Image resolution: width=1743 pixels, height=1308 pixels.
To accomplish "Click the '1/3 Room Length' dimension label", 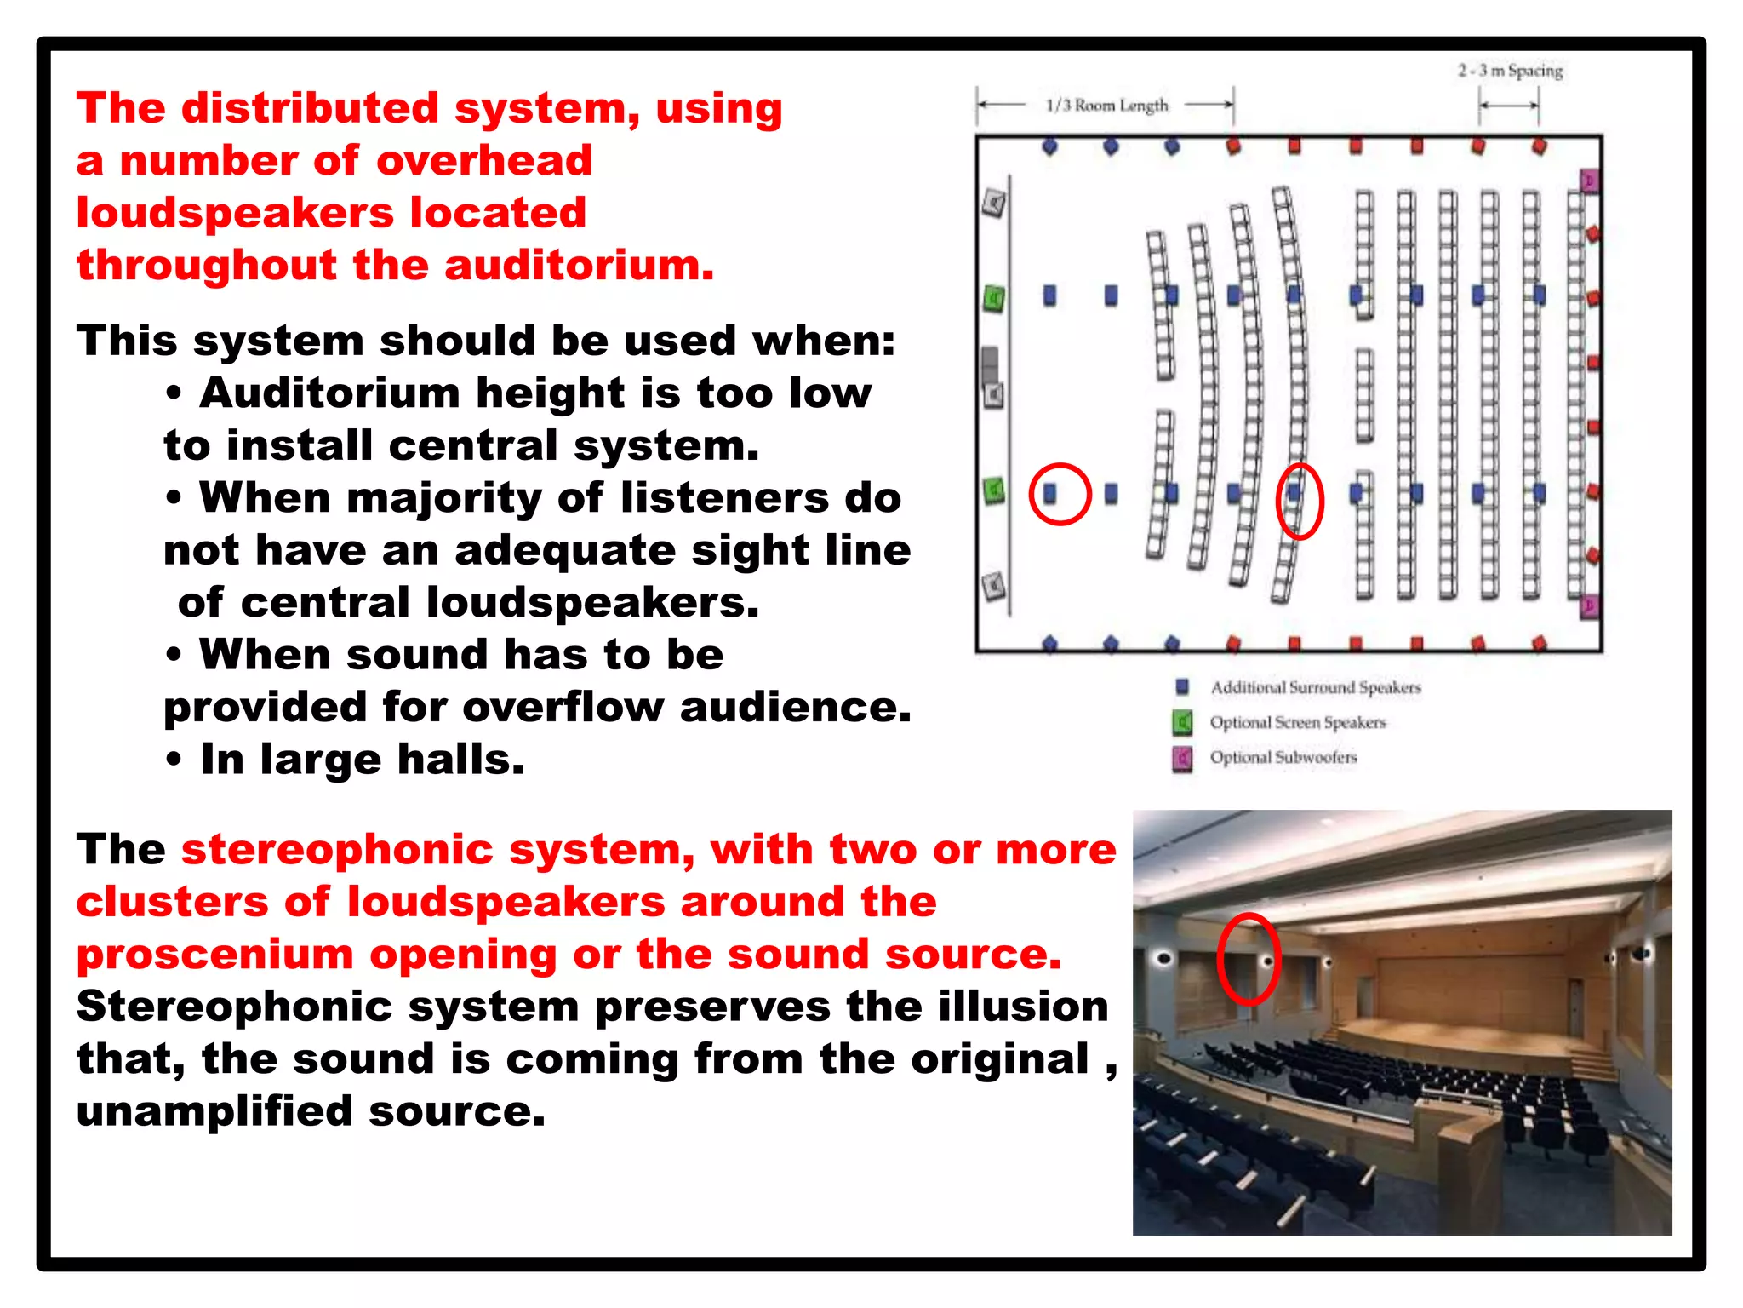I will (x=1106, y=106).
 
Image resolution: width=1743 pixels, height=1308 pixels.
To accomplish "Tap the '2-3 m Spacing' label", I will (x=1510, y=71).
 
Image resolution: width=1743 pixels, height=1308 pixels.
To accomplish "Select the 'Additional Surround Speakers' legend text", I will (x=1315, y=687).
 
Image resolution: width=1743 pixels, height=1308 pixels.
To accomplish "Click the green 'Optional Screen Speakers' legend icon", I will (x=1182, y=723).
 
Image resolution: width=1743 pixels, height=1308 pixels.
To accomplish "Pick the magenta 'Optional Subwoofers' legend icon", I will (x=1182, y=758).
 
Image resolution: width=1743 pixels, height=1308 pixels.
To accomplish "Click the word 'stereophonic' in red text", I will (x=337, y=850).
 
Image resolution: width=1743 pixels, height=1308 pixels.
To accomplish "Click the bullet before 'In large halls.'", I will (x=174, y=760).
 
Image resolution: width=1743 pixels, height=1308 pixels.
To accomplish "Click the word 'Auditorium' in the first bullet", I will (x=329, y=393).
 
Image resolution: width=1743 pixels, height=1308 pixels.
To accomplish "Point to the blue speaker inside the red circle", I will (x=1050, y=494).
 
